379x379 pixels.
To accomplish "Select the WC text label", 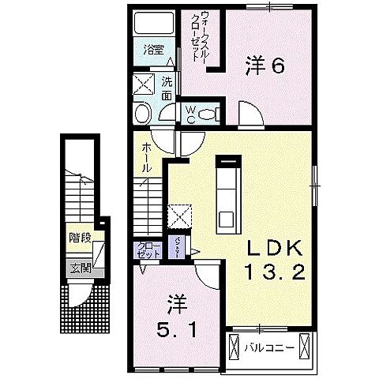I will (x=191, y=114).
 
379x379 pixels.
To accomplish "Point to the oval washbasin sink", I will (x=143, y=114).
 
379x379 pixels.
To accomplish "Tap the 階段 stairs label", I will (x=78, y=237).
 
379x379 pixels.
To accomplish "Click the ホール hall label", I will (x=148, y=158).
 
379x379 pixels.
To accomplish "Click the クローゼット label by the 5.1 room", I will (x=148, y=250).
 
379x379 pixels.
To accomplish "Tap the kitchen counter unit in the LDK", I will (x=227, y=193).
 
